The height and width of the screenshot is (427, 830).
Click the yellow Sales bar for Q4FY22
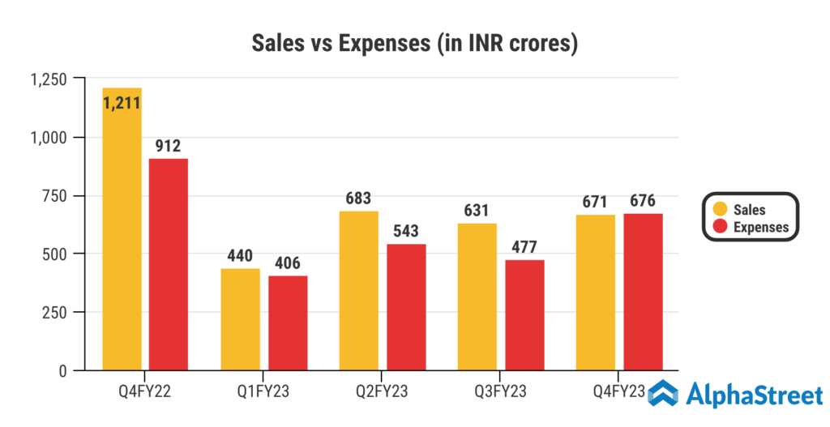[122, 243]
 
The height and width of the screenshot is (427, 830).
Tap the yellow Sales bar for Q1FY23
[241, 319]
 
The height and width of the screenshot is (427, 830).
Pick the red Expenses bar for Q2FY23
[407, 307]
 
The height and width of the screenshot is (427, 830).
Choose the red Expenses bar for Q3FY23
[525, 315]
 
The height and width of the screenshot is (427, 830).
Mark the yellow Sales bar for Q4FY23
[597, 292]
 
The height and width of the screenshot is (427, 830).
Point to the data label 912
[169, 147]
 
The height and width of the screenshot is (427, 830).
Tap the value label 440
[241, 257]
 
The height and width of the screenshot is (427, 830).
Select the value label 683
[359, 199]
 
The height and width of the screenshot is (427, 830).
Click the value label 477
[525, 248]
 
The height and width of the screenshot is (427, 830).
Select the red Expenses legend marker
[718, 227]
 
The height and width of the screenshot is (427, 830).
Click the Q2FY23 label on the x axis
[383, 392]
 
